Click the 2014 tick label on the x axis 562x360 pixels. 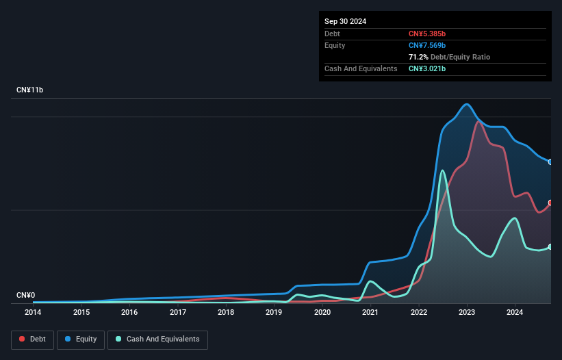click(33, 313)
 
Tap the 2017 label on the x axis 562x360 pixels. click(178, 313)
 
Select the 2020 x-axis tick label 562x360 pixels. click(322, 313)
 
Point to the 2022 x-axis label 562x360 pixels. click(419, 313)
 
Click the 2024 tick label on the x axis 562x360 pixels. click(515, 313)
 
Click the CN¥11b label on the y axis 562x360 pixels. click(30, 90)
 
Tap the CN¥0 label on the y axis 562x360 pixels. click(25, 296)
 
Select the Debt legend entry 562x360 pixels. click(31, 339)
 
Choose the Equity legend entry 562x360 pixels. click(81, 339)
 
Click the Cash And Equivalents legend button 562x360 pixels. click(157, 339)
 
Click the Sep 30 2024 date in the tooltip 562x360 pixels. click(345, 21)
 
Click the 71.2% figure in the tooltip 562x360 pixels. click(418, 57)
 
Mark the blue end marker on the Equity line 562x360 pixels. click(550, 162)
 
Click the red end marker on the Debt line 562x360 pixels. click(550, 203)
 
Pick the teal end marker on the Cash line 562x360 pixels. click(550, 246)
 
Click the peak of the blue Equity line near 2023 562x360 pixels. click(467, 105)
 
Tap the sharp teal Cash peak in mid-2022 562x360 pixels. click(443, 170)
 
